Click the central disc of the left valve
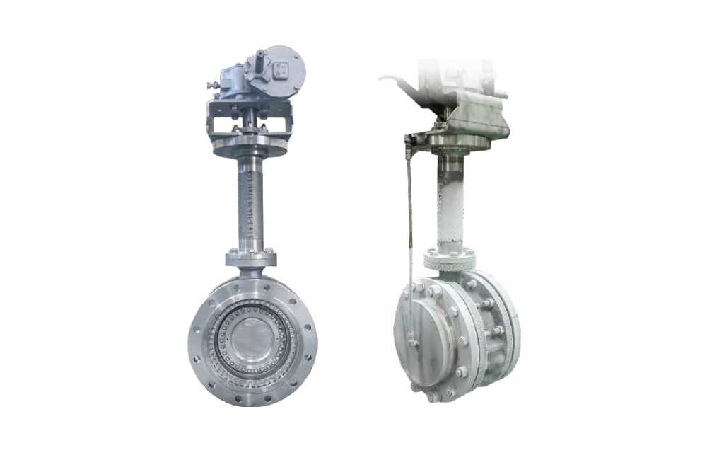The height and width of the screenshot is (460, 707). [252, 338]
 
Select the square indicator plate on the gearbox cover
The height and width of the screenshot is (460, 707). [283, 69]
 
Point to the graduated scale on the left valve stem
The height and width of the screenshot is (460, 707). [252, 205]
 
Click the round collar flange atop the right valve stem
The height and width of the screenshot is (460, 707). [460, 142]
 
